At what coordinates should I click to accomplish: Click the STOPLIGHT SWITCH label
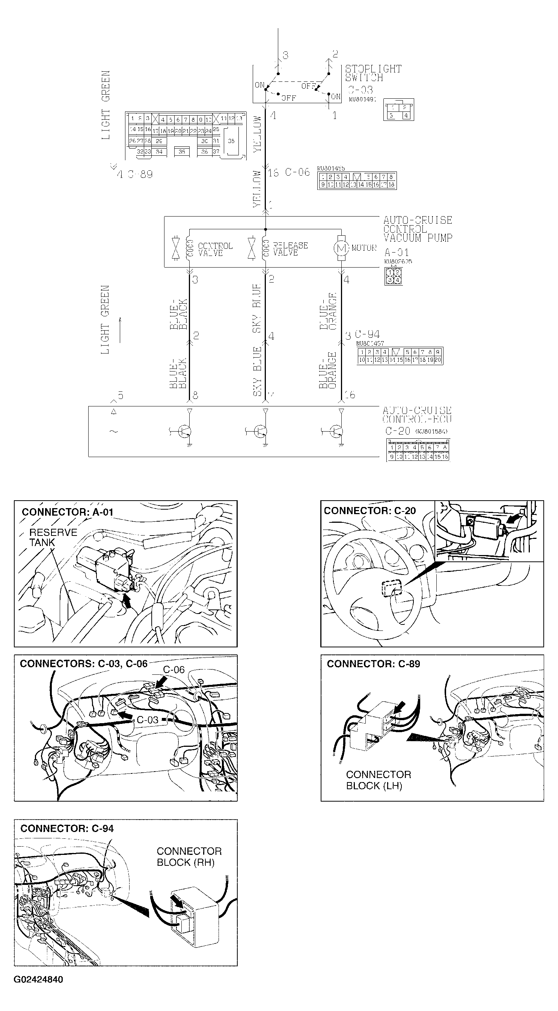pos(373,74)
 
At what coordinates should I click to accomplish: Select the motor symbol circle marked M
pos(341,248)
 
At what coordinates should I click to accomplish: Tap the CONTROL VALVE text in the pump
pos(215,249)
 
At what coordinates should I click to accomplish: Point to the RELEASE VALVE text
pos(290,249)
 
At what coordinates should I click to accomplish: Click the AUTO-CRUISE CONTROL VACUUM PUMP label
pos(418,229)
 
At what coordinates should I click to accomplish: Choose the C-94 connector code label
pos(368,334)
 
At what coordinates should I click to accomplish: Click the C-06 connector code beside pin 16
pos(297,172)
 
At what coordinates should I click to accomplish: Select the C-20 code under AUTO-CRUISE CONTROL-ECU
pos(397,431)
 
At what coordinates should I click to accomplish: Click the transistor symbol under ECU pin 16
pos(336,431)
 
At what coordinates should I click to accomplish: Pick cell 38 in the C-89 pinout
pos(231,141)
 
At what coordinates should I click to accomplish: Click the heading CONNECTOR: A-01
pos(68,512)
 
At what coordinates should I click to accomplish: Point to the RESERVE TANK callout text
pos(53,537)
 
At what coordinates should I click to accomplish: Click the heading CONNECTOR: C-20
pos(369,511)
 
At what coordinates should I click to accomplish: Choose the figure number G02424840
pos(38,979)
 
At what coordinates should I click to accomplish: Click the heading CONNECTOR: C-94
pos(67,828)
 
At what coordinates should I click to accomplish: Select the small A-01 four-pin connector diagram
pos(393,276)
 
